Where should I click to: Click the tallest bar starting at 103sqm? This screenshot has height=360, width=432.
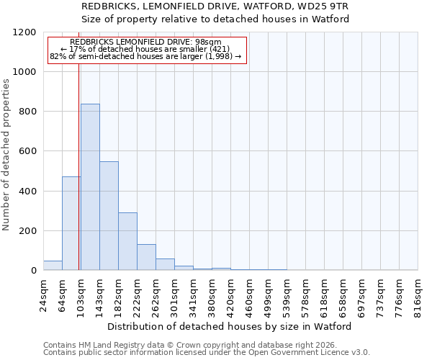tap(90, 187)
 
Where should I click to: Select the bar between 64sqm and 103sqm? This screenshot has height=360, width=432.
tap(71, 223)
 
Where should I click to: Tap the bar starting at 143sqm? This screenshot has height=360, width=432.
tap(109, 216)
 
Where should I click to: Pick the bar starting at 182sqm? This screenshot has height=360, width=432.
tap(127, 241)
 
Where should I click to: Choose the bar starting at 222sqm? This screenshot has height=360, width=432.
tap(146, 257)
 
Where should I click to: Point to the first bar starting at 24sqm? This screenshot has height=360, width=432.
tap(53, 265)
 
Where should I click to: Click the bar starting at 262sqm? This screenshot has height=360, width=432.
tap(165, 264)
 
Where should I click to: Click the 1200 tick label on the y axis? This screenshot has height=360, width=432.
tap(24, 32)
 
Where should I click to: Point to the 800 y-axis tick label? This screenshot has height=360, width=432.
tap(27, 112)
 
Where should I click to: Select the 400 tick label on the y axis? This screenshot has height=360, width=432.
tap(27, 192)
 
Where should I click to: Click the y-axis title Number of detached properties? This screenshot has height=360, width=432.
tap(6, 155)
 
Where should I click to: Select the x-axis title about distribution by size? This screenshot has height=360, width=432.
tap(230, 326)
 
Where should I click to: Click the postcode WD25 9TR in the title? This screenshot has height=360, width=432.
tap(328, 6)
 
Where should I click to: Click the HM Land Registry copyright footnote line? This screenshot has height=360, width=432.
tap(206, 346)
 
